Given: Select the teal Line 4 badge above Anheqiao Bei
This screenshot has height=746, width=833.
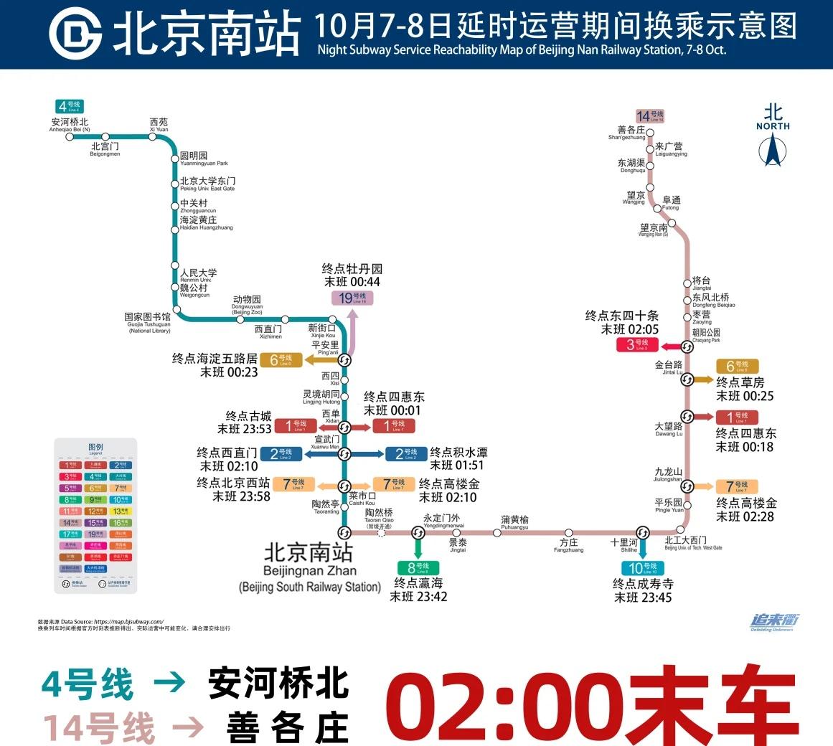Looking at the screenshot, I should click(x=70, y=106).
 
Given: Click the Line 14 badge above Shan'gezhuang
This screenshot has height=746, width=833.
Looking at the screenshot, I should click(x=651, y=115).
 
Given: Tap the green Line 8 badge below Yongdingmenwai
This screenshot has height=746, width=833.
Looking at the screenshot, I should click(x=418, y=567).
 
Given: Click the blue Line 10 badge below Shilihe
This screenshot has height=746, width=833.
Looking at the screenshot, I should click(x=642, y=569).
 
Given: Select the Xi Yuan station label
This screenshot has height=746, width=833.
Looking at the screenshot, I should click(x=159, y=125).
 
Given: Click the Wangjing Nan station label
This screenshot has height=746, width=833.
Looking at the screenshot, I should click(x=654, y=230).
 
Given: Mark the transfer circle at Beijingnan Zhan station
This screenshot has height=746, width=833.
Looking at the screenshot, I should click(x=344, y=532).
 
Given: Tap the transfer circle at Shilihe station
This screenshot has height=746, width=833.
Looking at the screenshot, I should click(x=643, y=532).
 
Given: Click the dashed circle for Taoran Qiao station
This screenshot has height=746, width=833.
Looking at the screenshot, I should click(x=381, y=532).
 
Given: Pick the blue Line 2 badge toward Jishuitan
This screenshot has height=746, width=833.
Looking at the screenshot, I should click(x=405, y=453).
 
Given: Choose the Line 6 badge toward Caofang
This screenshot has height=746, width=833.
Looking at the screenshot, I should click(x=737, y=367).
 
